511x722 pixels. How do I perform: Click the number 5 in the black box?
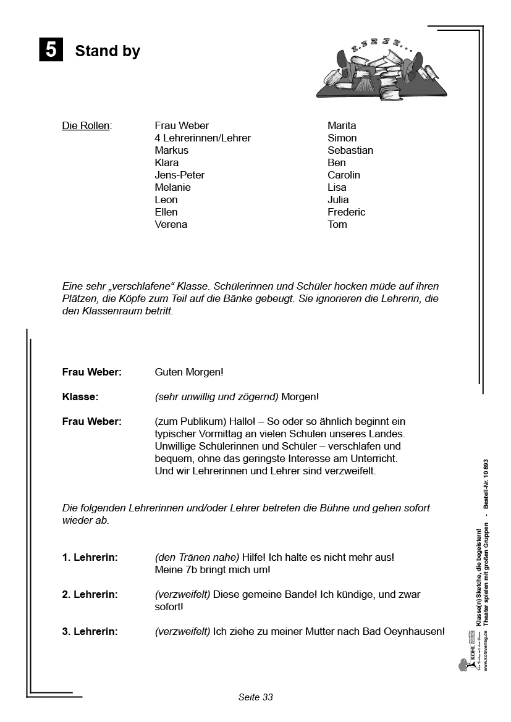[x=51, y=49]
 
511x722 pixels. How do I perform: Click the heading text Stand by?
[x=108, y=51]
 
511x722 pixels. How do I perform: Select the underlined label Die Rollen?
[x=87, y=126]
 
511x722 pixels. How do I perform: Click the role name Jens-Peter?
[x=179, y=175]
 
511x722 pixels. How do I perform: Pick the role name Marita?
[x=342, y=126]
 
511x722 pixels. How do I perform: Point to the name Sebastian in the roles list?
[x=350, y=151]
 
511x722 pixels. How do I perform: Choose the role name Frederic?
[x=346, y=212]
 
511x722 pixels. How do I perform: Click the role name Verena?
[x=171, y=225]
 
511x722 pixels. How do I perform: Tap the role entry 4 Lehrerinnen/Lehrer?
[x=203, y=138]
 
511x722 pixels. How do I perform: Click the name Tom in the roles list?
[x=337, y=225]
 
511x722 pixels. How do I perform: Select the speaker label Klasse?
[x=80, y=397]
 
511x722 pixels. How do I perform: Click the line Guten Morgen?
[x=188, y=372]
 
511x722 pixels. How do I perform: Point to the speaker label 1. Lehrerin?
[x=90, y=558]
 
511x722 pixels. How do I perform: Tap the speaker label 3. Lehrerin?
[x=90, y=632]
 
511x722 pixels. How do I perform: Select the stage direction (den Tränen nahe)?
[x=197, y=558]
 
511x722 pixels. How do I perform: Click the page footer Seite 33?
[x=255, y=697]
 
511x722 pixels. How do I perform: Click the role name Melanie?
[x=172, y=188]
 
